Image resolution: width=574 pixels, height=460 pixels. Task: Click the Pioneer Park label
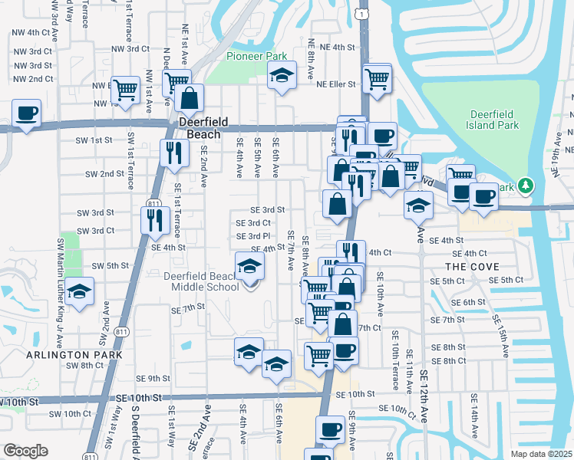[x=256, y=56]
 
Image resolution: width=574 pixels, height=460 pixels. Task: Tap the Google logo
[x=25, y=451]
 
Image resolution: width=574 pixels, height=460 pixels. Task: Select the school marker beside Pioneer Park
[x=282, y=76]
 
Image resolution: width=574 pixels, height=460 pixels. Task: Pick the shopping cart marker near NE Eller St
[x=377, y=77]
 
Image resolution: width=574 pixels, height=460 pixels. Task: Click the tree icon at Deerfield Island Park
[x=525, y=186]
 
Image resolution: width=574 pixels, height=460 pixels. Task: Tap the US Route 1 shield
[x=365, y=13]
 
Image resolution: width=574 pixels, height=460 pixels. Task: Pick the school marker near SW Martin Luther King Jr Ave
[x=80, y=291]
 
